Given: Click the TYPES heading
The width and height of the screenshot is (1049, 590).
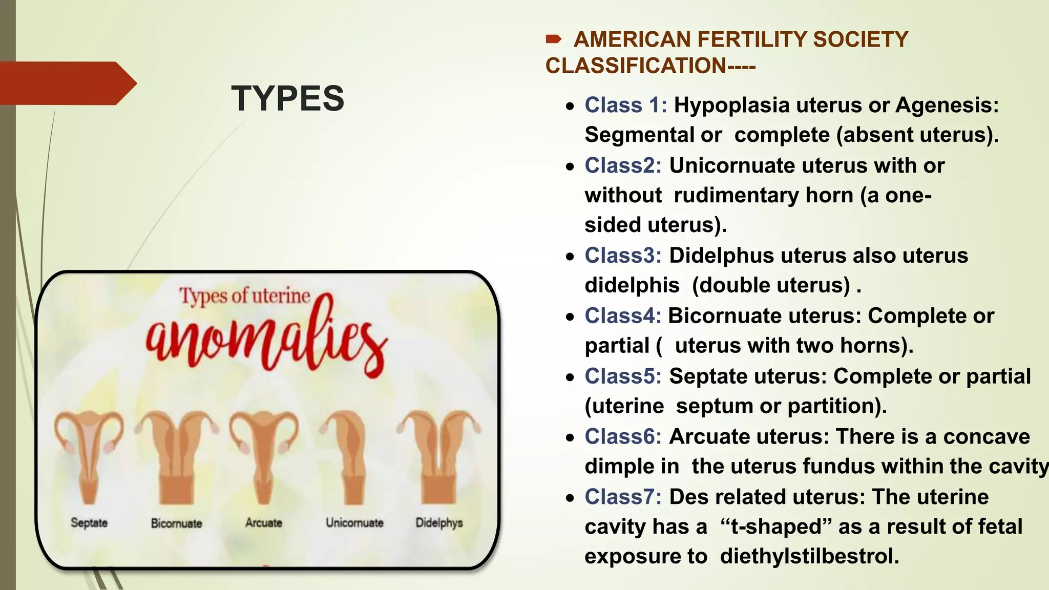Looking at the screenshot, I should (287, 98).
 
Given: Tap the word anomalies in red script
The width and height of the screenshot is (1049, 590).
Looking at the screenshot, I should (266, 341).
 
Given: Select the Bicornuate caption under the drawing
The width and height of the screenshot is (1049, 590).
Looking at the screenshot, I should (176, 523).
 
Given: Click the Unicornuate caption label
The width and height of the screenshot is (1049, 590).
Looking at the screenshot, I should (354, 523).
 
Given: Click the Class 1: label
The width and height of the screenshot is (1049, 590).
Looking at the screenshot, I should (625, 106).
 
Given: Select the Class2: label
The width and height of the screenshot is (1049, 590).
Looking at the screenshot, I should (623, 166).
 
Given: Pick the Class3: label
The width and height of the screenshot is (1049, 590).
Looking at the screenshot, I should (623, 256).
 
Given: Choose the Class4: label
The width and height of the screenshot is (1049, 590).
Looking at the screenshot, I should (623, 316).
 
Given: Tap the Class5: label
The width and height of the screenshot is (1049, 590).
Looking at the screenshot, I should (623, 376).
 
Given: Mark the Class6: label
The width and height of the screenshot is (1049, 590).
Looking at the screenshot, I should (623, 437).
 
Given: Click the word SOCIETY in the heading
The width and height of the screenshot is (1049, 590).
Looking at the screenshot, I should (861, 40).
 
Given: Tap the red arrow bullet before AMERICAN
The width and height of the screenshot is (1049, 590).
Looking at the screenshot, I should (554, 39).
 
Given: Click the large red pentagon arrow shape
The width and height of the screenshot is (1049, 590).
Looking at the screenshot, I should (67, 83).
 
